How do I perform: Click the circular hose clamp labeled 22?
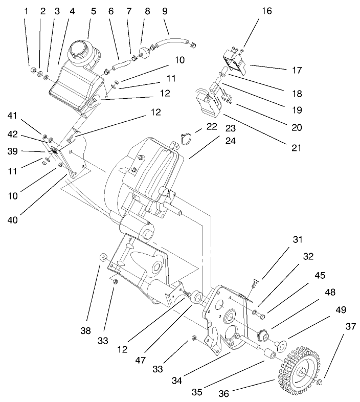coord(188,137)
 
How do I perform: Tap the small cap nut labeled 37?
coord(319,383)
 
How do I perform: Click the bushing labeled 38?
coord(102,255)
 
